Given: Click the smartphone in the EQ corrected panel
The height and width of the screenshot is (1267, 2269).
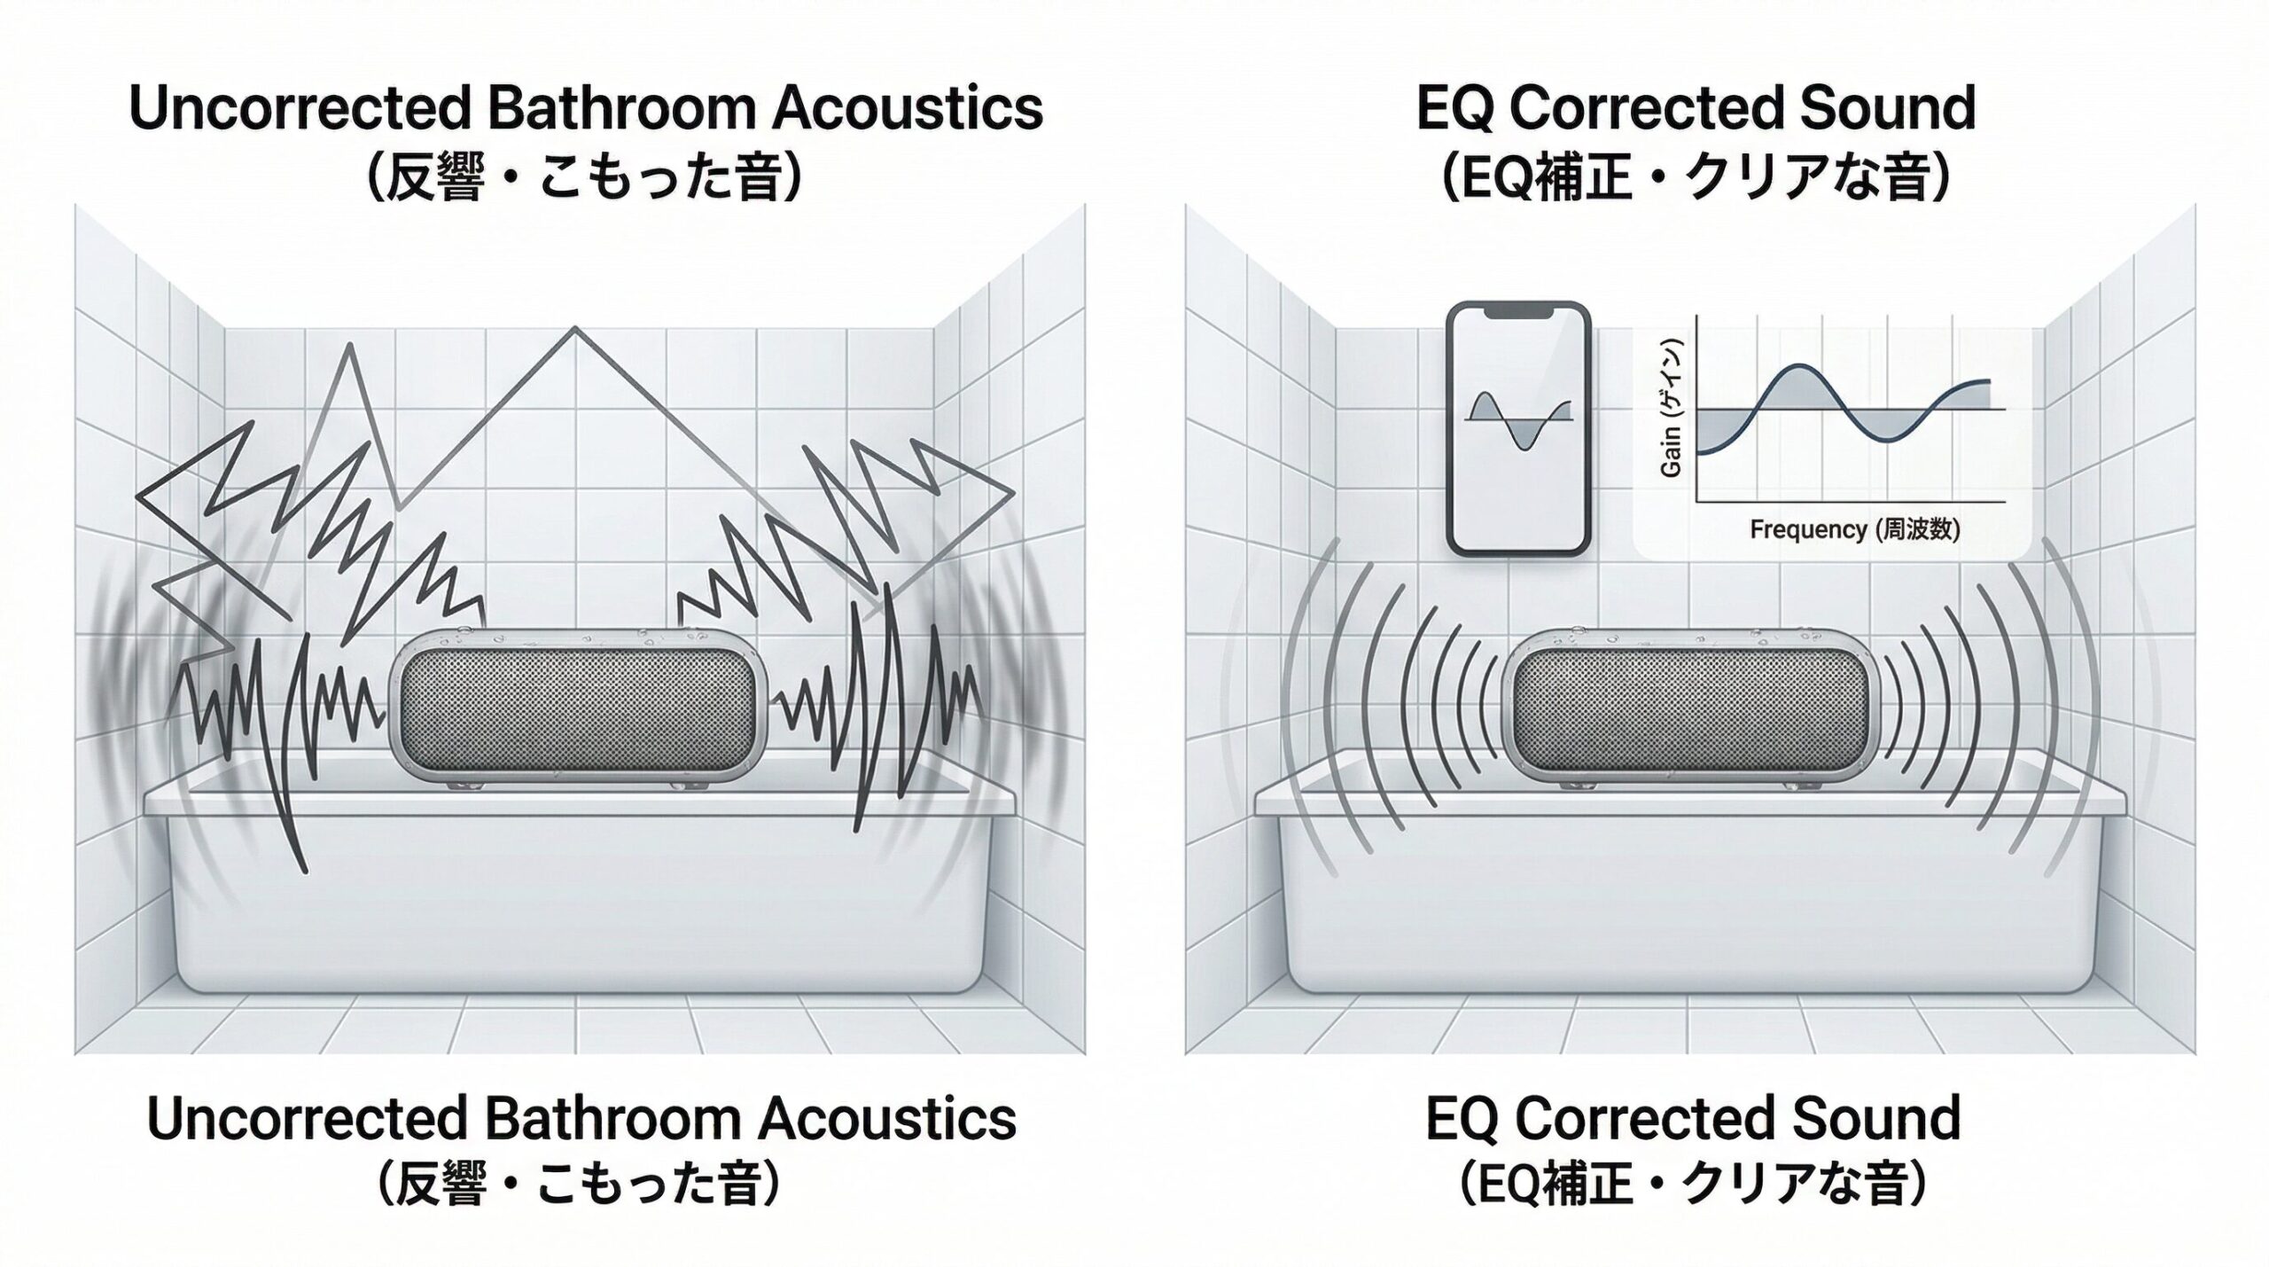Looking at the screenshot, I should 1518,428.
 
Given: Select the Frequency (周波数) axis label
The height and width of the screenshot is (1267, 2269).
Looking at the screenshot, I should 1854,530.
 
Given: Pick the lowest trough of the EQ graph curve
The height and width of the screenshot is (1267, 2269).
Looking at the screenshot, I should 1890,441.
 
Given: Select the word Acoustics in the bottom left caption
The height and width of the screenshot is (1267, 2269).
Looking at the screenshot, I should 887,1119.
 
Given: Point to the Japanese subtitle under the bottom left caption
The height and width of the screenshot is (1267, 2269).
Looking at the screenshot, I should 581,1186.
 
